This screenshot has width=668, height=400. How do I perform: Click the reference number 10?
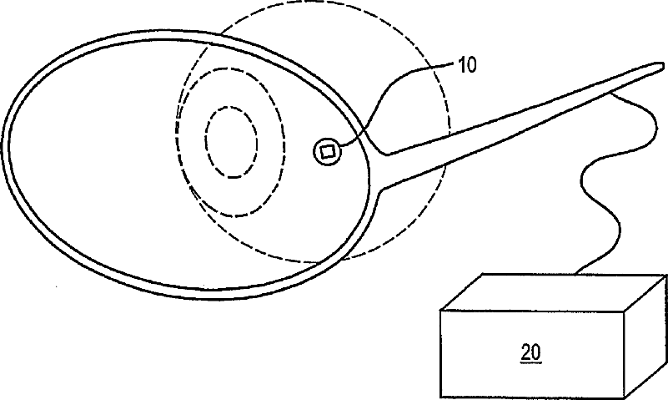469,66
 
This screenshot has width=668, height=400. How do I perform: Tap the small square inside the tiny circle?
327,151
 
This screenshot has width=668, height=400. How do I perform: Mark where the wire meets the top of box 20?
577,272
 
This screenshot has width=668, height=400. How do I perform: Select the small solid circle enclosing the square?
315,151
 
